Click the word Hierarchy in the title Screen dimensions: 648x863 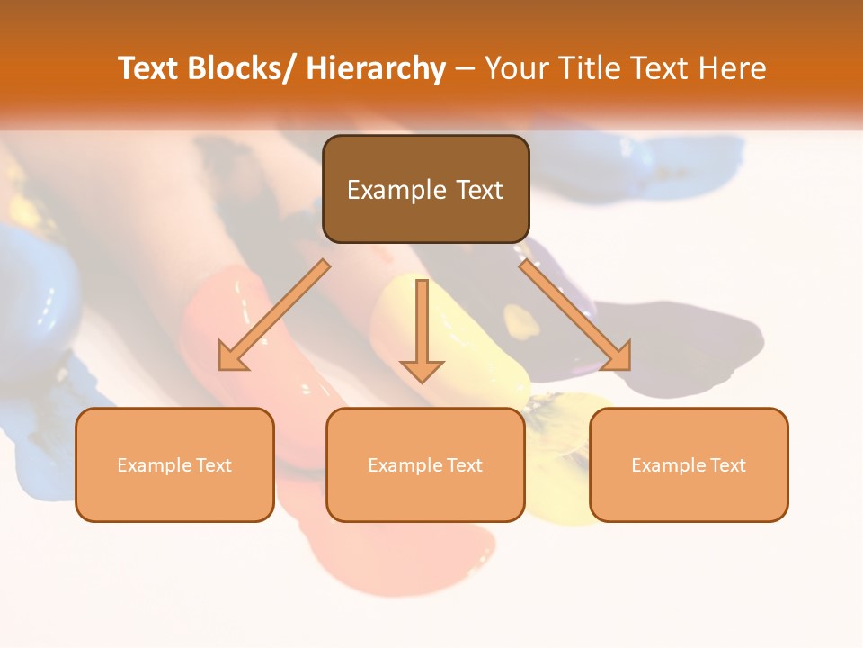point(376,68)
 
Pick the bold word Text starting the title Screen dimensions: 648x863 point(148,68)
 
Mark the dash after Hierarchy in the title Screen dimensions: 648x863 point(465,69)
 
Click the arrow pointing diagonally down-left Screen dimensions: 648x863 point(275,315)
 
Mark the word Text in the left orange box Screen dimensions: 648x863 point(214,465)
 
